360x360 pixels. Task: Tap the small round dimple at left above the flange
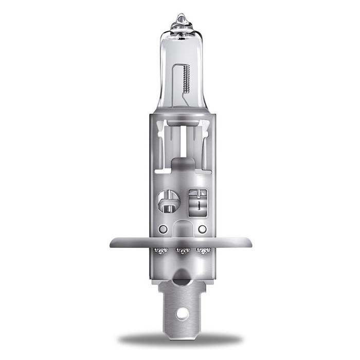[163, 229]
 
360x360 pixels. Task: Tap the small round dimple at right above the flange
[202, 229]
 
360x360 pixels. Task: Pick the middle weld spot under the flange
[182, 251]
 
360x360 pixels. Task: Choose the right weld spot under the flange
[204, 251]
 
